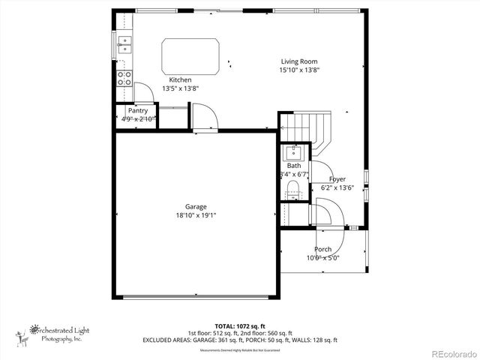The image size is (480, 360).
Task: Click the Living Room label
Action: coord(299,61)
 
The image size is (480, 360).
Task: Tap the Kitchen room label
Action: coord(180,79)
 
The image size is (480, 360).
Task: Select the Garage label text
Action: coord(196,206)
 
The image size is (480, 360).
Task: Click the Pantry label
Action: coord(137,110)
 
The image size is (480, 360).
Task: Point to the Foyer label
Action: coord(337,179)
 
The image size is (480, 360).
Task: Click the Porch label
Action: coord(322,249)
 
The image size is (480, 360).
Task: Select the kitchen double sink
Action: coord(124,46)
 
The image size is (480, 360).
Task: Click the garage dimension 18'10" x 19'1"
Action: coord(196,215)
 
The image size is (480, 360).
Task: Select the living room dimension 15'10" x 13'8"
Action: coord(299,70)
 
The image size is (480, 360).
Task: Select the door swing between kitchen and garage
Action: coord(204,116)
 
